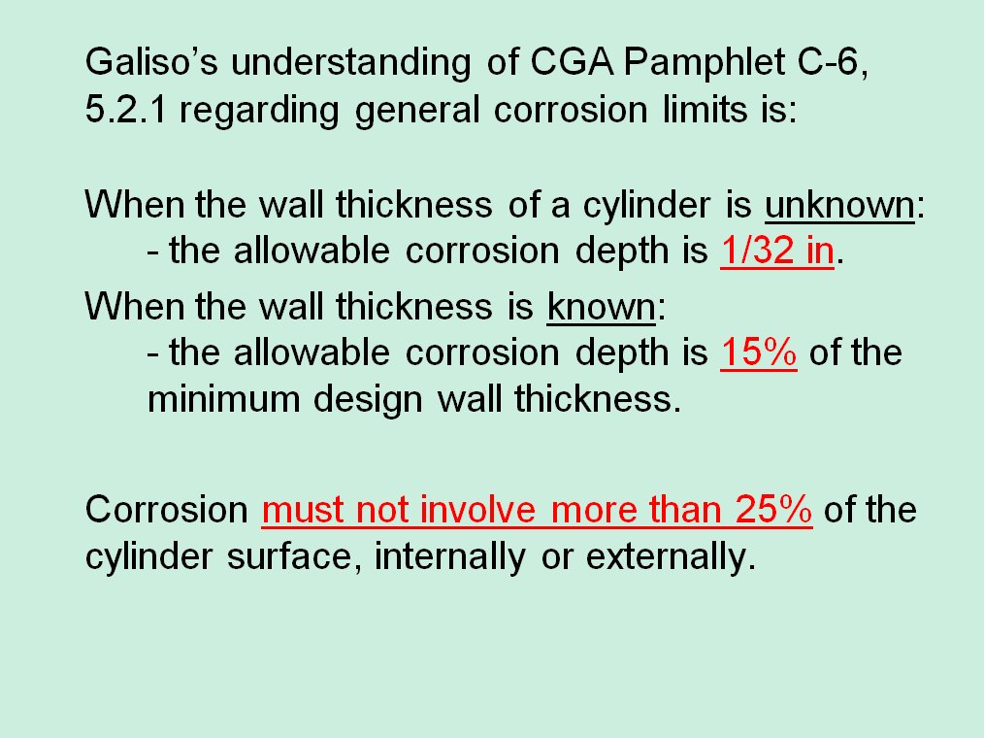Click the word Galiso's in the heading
point(151,61)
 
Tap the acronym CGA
point(572,61)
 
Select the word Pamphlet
point(705,63)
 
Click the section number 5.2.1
point(125,110)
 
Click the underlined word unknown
point(839,205)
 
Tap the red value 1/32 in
point(777,251)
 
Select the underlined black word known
point(602,307)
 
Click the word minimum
point(223,399)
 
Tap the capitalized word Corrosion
point(167,509)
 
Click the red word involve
point(477,509)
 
